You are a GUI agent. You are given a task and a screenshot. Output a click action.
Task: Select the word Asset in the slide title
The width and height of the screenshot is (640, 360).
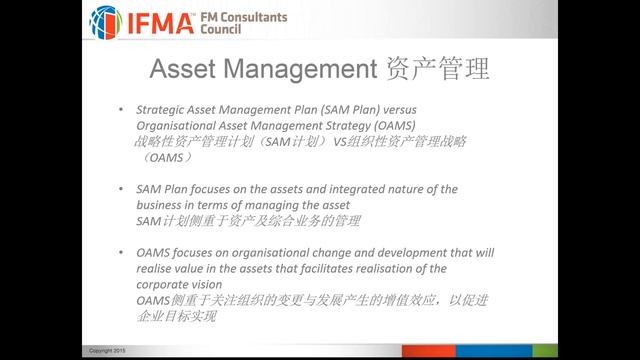[x=182, y=72]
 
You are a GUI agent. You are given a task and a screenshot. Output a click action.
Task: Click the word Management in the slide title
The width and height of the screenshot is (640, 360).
[x=296, y=72]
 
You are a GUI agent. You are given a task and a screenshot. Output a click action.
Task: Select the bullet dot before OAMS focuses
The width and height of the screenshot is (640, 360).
[x=119, y=251]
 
